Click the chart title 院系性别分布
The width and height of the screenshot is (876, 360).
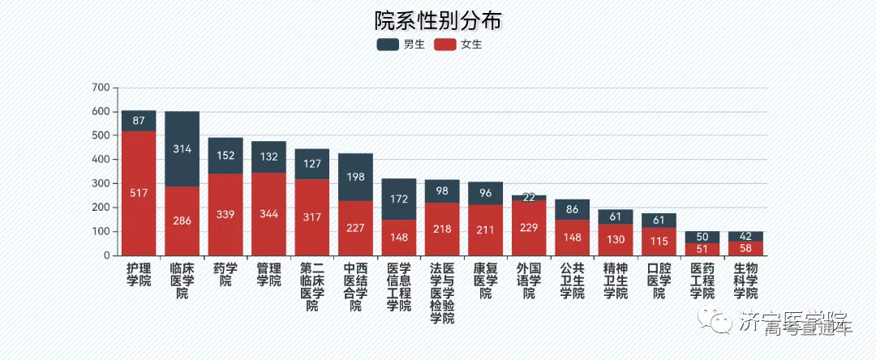(x=437, y=20)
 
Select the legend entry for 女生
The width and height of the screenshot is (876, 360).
(x=457, y=45)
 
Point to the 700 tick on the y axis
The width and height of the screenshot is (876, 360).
(x=101, y=88)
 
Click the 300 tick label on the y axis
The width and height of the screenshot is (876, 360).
(x=101, y=183)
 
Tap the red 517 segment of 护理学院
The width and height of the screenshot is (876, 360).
(x=139, y=193)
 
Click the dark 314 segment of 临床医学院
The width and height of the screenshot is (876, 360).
(x=182, y=149)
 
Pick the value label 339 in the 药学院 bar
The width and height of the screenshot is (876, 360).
(x=225, y=214)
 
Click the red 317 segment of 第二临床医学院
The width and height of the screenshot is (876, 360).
(x=311, y=217)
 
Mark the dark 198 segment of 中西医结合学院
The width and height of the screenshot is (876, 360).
(x=355, y=177)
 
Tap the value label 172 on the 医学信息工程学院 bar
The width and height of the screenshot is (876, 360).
(x=398, y=199)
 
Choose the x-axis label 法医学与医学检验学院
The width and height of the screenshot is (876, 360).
(x=442, y=292)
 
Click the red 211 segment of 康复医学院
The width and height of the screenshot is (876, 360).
(x=485, y=229)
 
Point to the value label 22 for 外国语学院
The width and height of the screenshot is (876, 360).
(x=529, y=198)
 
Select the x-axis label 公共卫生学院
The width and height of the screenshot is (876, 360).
(x=572, y=281)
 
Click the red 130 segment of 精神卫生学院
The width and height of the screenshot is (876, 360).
(x=615, y=239)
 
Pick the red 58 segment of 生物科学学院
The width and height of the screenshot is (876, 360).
(x=745, y=247)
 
